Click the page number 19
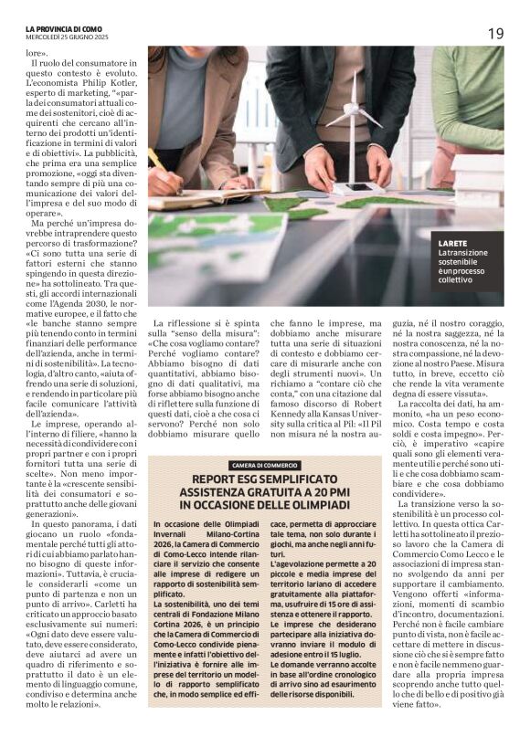495,34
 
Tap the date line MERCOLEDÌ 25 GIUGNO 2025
67,37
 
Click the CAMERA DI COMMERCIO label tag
265,465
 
